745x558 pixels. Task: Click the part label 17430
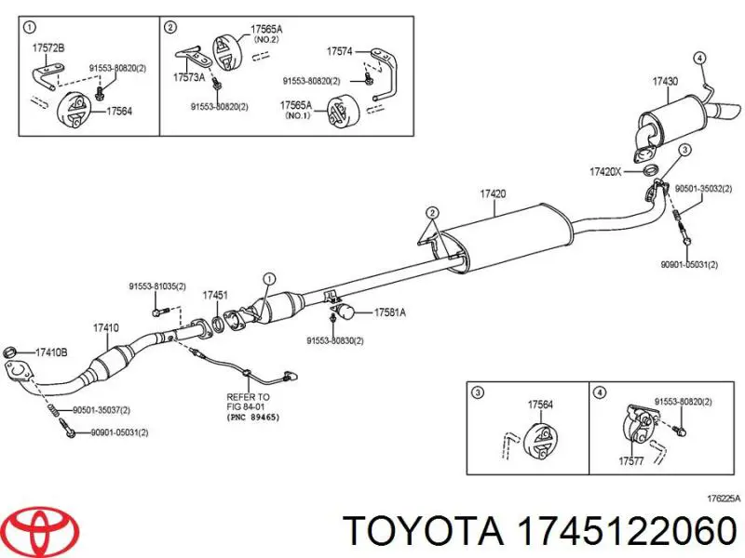[x=665, y=82]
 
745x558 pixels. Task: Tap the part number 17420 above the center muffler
[x=493, y=193]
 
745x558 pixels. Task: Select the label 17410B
[x=51, y=352]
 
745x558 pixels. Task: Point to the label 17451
[x=215, y=295]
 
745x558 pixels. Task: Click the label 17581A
[x=390, y=312]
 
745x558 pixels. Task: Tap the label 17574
[x=340, y=51]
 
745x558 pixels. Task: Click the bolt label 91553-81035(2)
[x=156, y=286]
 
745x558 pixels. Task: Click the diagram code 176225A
[x=723, y=498]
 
